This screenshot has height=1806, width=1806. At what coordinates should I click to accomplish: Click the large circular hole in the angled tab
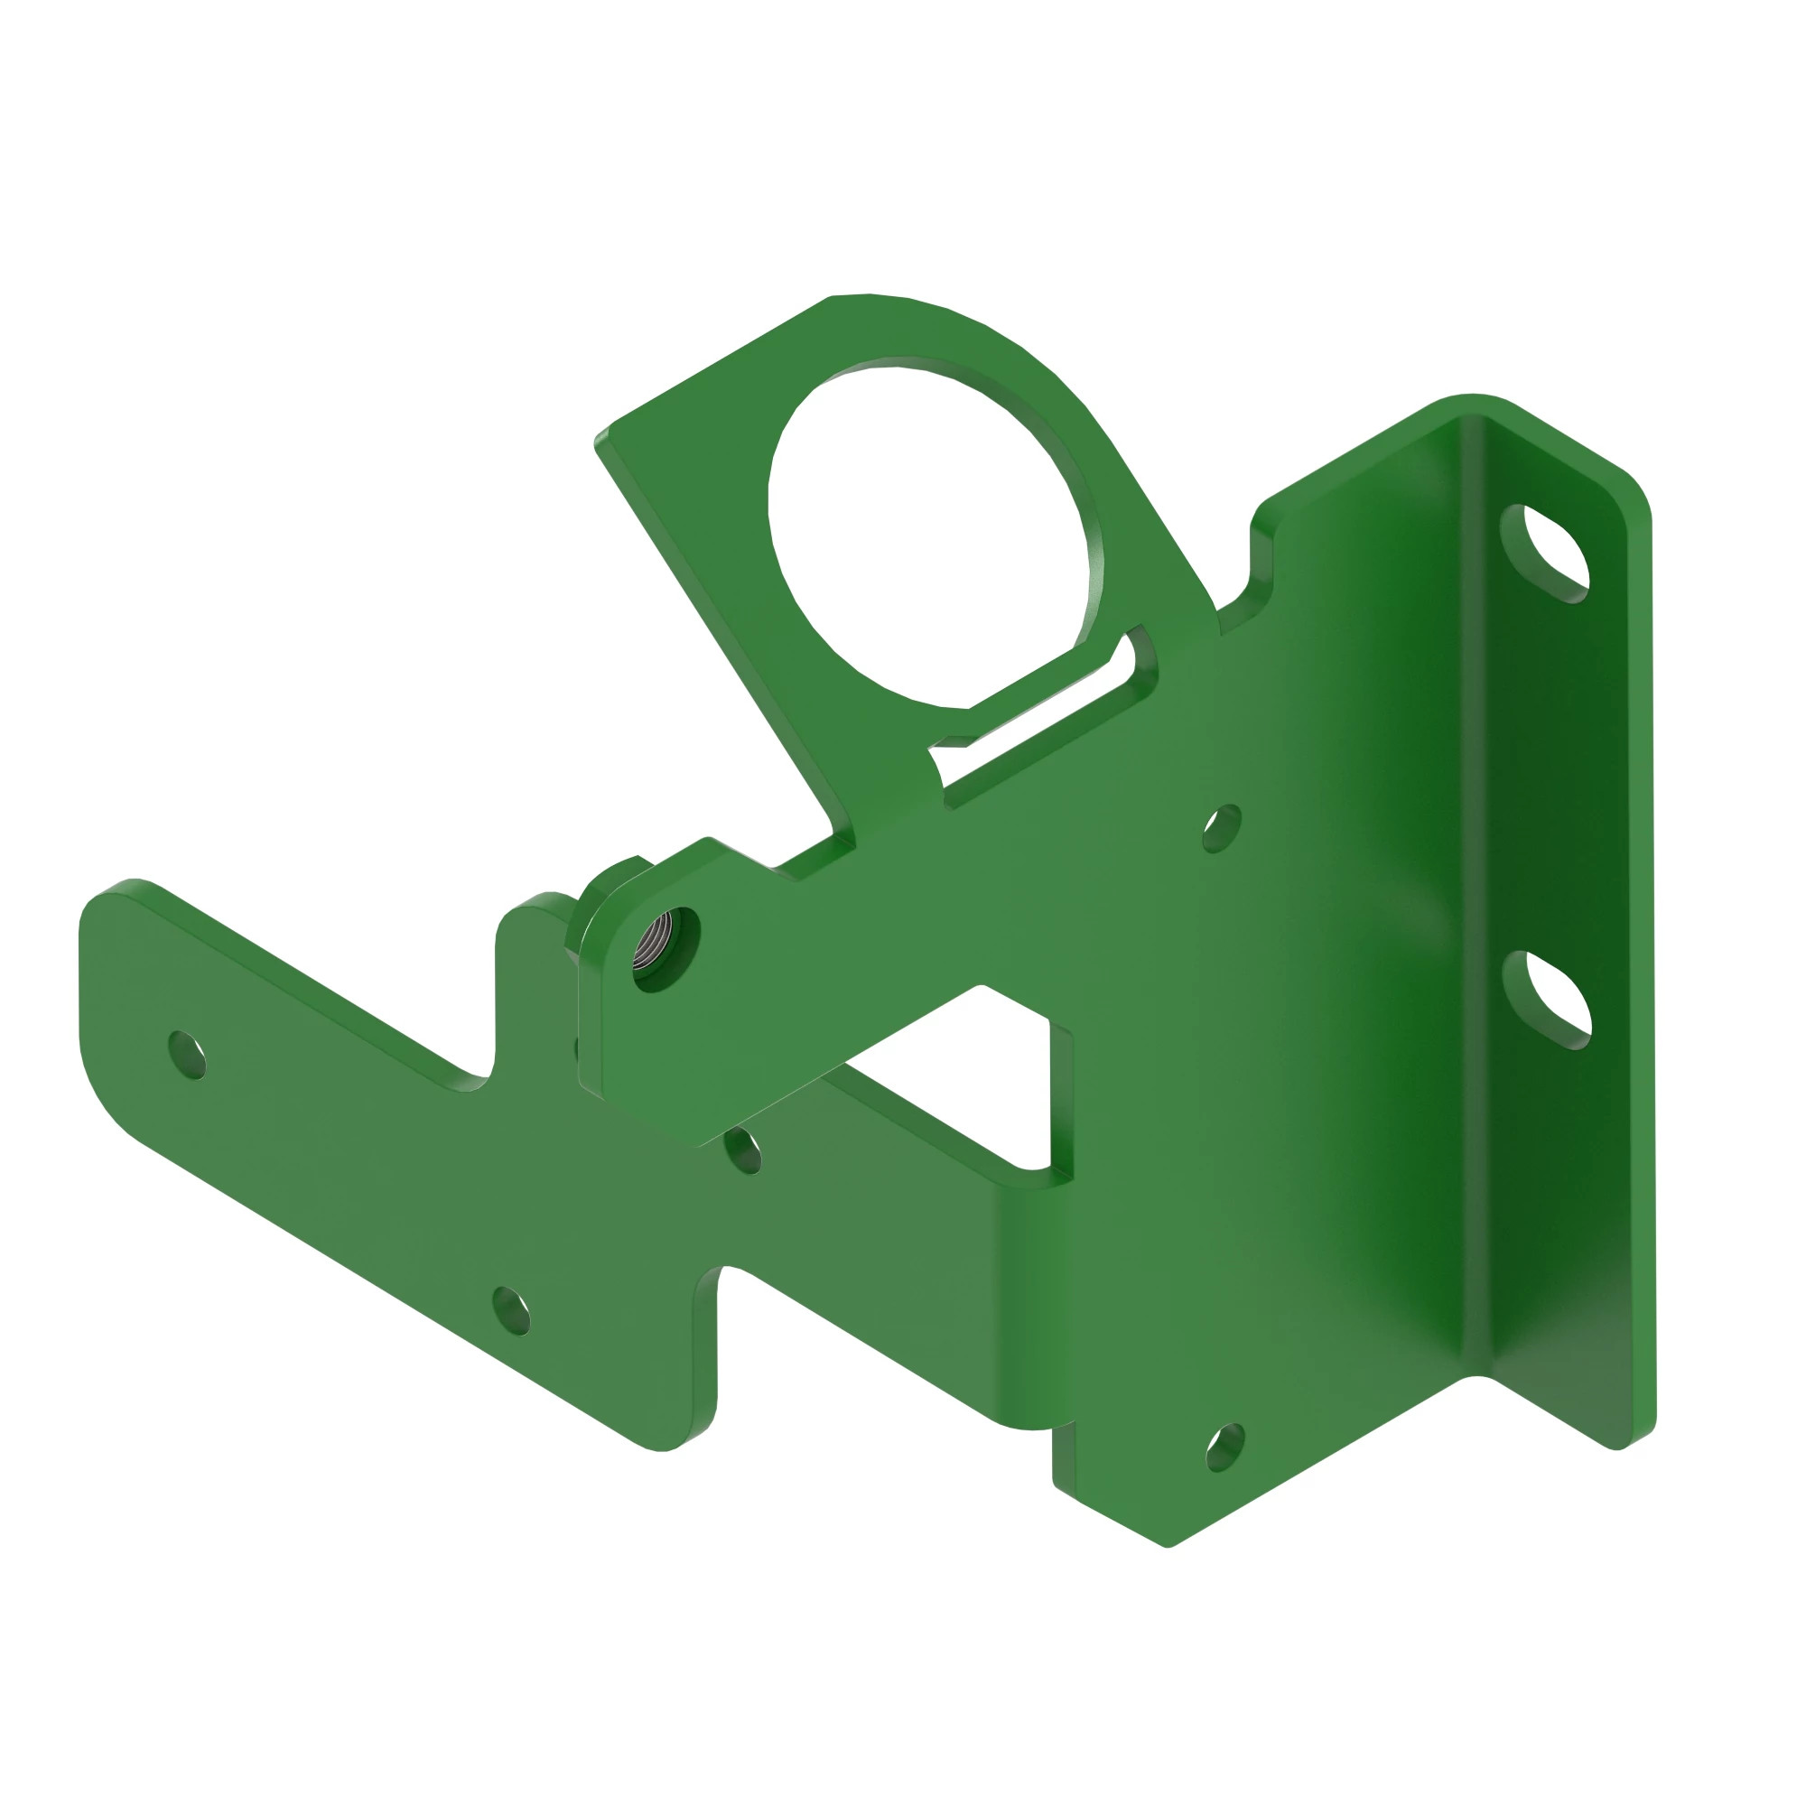pyautogui.click(x=930, y=533)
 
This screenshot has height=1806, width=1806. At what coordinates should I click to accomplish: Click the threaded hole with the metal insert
pyautogui.click(x=665, y=950)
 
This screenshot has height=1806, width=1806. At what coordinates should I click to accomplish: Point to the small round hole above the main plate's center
pyautogui.click(x=1221, y=828)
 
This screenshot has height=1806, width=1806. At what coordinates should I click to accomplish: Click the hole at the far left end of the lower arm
pyautogui.click(x=187, y=1056)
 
